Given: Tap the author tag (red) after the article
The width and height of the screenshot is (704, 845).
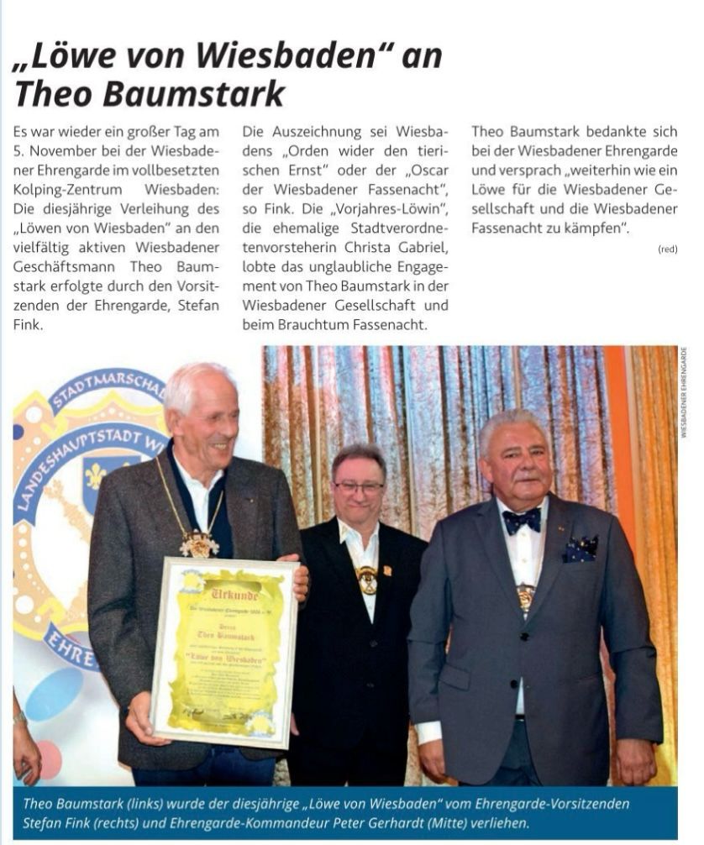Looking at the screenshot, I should (668, 249).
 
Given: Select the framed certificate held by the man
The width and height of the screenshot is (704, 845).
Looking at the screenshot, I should (225, 653).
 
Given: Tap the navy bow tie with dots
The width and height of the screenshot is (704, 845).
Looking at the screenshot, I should (521, 521).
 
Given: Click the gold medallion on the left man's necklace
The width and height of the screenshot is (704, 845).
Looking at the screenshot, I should (198, 543).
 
